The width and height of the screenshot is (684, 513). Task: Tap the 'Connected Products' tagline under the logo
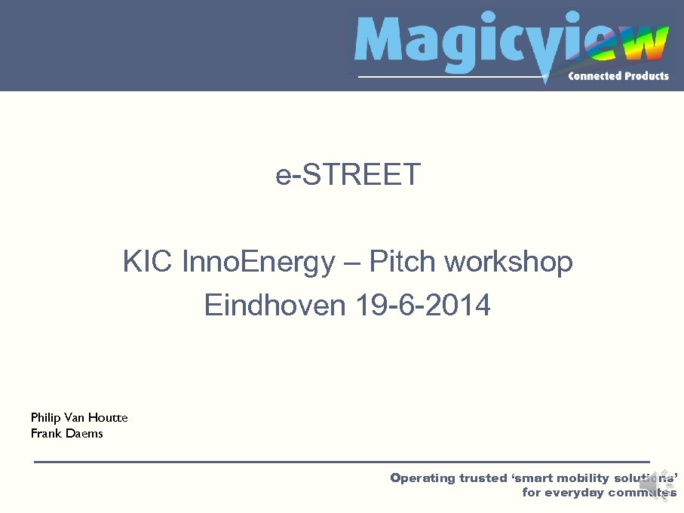[x=618, y=75]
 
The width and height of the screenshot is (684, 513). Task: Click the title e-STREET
[x=348, y=175]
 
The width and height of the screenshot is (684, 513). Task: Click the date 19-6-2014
[x=420, y=306]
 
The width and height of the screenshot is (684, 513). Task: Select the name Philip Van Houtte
[x=79, y=417]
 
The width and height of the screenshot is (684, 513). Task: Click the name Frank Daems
[x=66, y=433]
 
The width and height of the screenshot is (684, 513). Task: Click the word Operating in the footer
[x=422, y=478]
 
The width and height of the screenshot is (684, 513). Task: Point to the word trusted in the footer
[x=482, y=478]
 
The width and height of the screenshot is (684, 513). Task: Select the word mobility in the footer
[x=581, y=478]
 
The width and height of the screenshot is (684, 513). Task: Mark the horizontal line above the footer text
[x=342, y=461]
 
